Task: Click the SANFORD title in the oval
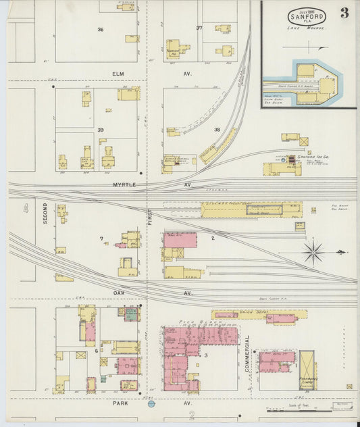coord(307,17)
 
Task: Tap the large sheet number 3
coord(344,13)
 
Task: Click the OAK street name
coord(120,293)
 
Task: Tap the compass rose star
coord(313,253)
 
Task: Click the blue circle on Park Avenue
coord(151,404)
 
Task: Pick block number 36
coord(100,30)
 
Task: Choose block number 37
coord(199,28)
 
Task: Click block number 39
coord(100,129)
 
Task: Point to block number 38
coord(217,129)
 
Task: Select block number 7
coord(101,238)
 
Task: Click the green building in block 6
coord(131,313)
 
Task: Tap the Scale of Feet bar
coord(297,409)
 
